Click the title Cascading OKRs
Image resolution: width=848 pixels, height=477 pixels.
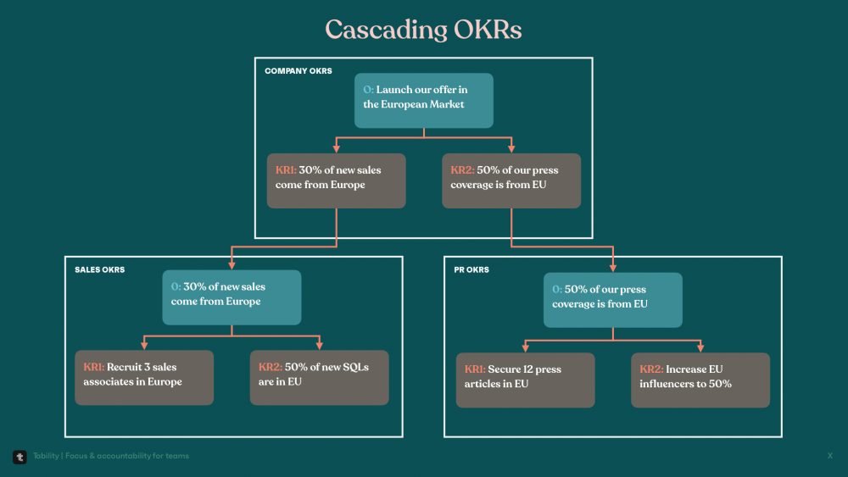point(423,30)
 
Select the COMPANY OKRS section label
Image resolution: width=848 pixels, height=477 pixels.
point(298,71)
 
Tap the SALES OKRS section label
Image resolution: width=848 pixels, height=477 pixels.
point(99,269)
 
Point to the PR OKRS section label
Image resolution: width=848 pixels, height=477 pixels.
point(471,269)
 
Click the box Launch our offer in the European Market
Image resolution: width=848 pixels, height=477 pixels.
point(423,101)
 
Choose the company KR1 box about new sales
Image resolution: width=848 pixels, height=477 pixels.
point(336,180)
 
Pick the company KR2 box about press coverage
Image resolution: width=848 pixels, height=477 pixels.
point(511,180)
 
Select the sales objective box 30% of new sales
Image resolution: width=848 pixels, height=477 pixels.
point(232,297)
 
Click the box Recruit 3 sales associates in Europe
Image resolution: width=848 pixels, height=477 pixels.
point(144,378)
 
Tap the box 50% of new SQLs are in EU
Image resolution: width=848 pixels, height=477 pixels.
point(319,378)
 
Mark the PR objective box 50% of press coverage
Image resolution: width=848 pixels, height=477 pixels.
point(613,300)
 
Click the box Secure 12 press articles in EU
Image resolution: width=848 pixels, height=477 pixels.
point(525,380)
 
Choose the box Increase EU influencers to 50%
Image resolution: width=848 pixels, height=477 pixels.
point(700,380)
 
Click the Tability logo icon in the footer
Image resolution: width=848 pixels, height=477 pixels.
point(20,457)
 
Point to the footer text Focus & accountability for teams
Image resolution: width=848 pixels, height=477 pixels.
point(127,456)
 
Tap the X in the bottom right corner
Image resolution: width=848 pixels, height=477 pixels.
point(830,456)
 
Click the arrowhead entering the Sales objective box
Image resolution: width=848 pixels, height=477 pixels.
point(232,266)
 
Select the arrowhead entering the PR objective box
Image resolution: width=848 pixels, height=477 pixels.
point(613,268)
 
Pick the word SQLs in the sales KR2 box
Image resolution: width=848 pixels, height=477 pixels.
point(355,368)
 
